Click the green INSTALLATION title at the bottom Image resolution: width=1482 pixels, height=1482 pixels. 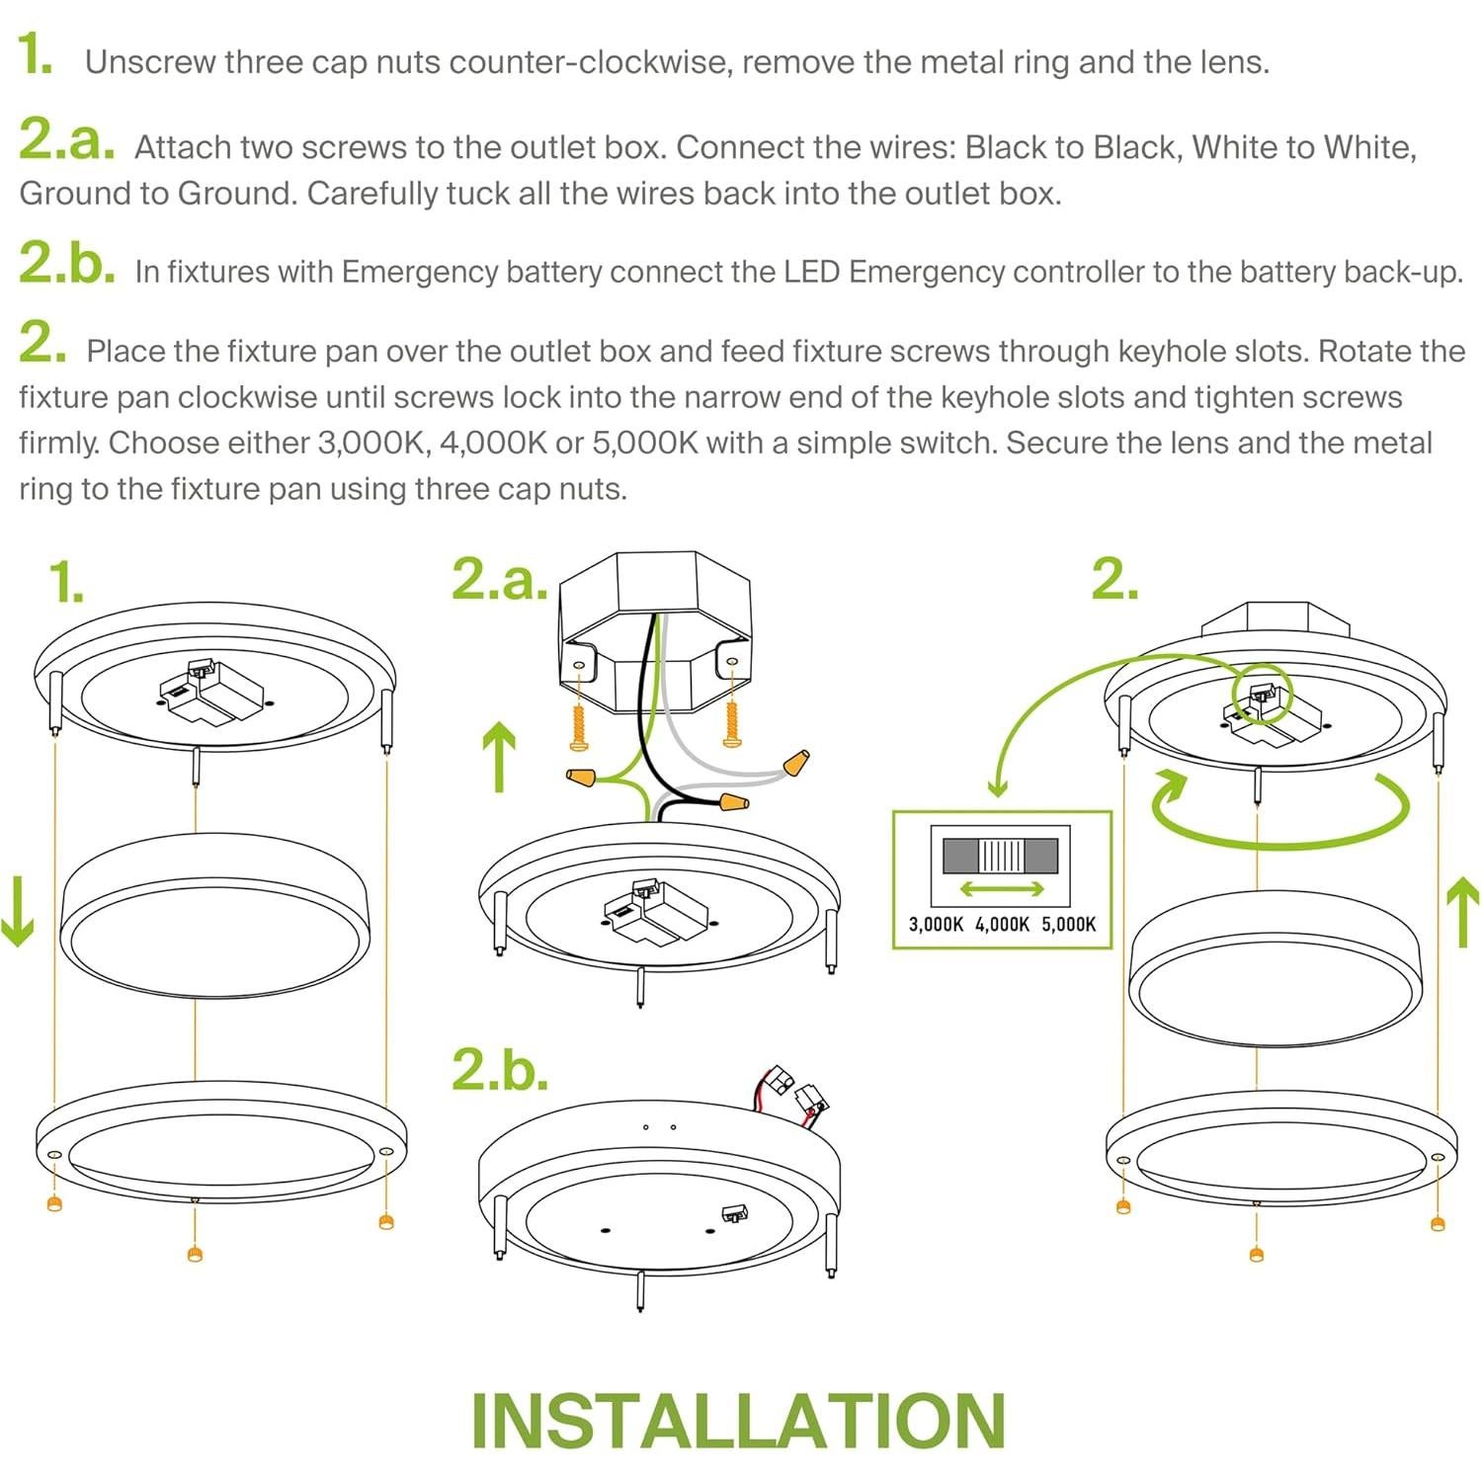738,1421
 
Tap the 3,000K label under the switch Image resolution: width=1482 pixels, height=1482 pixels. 936,925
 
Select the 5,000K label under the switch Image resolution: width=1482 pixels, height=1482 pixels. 1068,925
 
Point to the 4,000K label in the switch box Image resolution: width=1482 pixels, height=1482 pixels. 1002,925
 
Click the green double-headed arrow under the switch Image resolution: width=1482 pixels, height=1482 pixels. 1002,889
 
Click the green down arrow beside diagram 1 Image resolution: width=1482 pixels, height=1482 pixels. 17,909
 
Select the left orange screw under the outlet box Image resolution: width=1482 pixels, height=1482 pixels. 578,724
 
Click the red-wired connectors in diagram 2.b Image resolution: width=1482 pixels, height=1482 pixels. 795,1092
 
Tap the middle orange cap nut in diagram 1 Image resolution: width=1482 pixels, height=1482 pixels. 195,1254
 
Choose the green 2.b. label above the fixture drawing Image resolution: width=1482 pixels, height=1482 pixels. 500,1069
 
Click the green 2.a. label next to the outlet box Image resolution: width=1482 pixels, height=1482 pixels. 500,579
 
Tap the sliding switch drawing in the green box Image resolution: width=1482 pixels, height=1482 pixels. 1000,855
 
